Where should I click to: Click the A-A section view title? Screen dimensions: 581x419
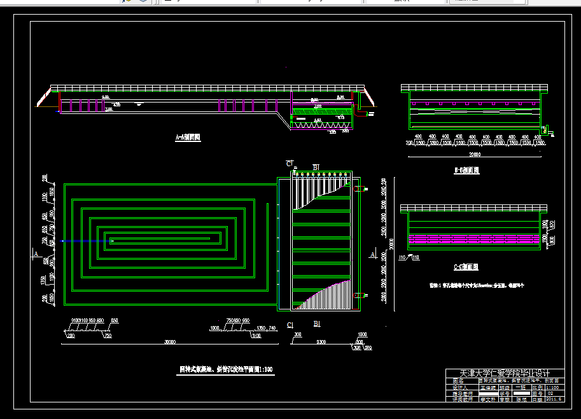pyautogui.click(x=188, y=137)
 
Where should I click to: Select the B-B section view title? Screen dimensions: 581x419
pyautogui.click(x=466, y=171)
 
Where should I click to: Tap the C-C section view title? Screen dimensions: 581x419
pyautogui.click(x=466, y=267)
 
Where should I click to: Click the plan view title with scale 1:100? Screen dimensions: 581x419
pyautogui.click(x=226, y=369)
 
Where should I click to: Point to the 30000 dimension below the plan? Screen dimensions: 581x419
pyautogui.click(x=169, y=342)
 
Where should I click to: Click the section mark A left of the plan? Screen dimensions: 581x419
pyautogui.click(x=36, y=254)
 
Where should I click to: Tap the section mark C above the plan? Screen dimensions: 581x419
pyautogui.click(x=290, y=164)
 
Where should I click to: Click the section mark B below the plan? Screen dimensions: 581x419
pyautogui.click(x=316, y=325)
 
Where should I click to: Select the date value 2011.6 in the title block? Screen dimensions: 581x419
pyautogui.click(x=554, y=399)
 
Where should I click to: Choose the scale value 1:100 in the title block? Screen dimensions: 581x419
pyautogui.click(x=554, y=387)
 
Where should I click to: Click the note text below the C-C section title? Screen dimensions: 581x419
pyautogui.click(x=477, y=286)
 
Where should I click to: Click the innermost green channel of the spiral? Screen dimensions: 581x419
pyautogui.click(x=162, y=240)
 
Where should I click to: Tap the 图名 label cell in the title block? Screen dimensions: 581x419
pyautogui.click(x=459, y=380)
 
